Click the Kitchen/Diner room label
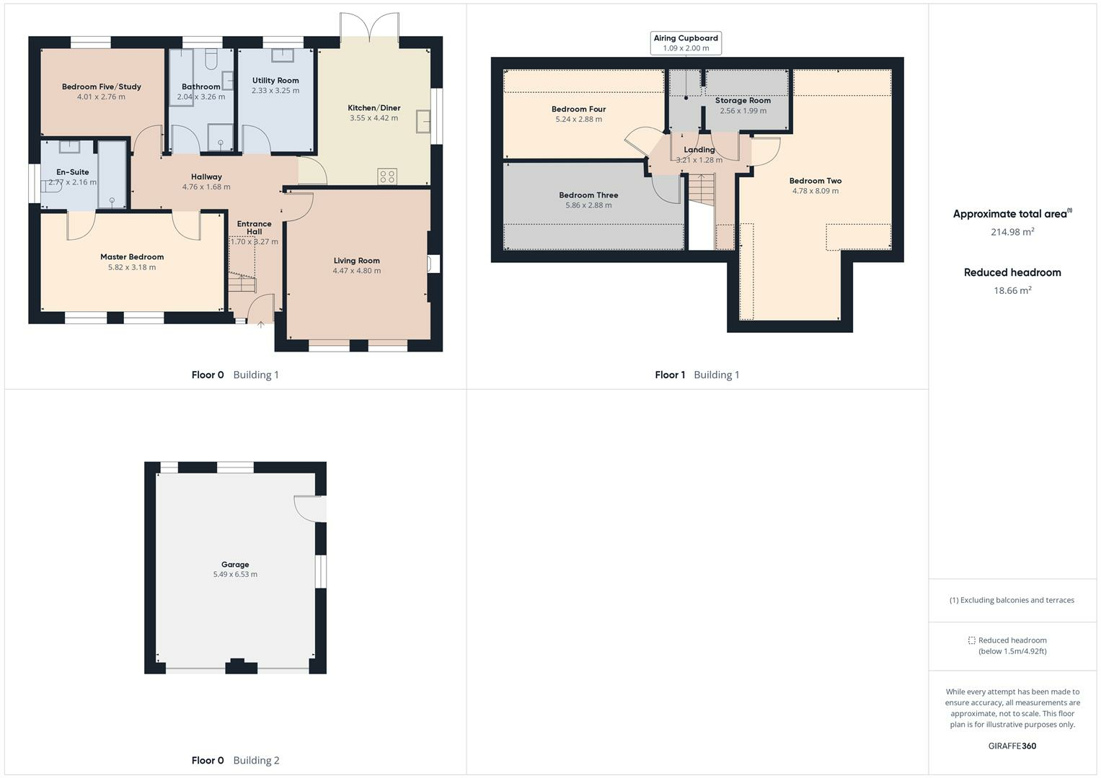point(373,108)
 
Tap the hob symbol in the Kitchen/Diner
point(387,176)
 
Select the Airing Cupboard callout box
point(686,43)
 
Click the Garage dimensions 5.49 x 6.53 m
point(235,575)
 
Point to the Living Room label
point(356,261)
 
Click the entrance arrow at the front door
point(260,325)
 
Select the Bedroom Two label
point(815,181)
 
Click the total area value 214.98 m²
point(1012,232)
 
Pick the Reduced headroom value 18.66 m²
point(1012,290)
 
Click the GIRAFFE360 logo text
point(1012,746)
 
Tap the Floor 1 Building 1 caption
point(697,375)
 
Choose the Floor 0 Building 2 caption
point(235,761)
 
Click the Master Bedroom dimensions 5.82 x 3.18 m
point(132,267)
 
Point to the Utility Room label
point(275,81)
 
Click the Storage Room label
point(743,101)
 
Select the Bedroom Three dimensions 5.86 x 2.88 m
point(588,205)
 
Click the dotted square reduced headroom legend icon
point(971,640)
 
